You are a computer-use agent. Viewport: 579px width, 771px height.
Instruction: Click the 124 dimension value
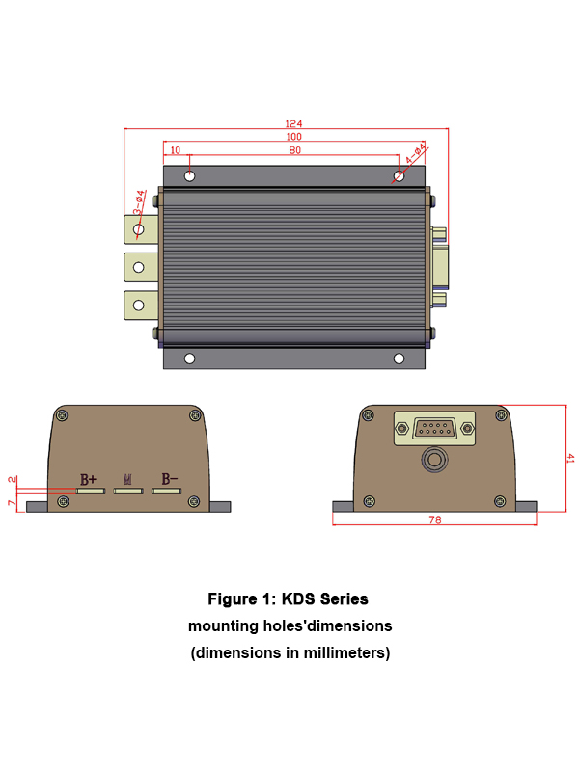coord(293,123)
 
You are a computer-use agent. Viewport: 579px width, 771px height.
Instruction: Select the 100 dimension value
coord(293,137)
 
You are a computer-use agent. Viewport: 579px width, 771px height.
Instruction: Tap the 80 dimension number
coord(294,150)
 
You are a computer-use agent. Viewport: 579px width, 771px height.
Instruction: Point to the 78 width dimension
coord(434,519)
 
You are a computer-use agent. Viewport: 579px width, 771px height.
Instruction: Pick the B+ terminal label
coord(88,479)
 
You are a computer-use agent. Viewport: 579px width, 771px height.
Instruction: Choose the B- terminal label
coord(169,479)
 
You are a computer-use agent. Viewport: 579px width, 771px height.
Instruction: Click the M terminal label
coord(128,479)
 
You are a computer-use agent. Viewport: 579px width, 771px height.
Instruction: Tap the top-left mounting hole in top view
coord(190,176)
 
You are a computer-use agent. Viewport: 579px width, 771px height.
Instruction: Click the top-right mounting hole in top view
coord(400,176)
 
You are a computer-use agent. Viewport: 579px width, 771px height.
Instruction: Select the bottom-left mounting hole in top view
coord(190,359)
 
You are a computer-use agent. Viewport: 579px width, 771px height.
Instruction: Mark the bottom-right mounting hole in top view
coord(400,359)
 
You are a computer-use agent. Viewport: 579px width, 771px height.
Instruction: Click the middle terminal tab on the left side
coord(139,266)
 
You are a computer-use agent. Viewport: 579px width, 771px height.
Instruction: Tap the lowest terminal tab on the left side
coord(139,305)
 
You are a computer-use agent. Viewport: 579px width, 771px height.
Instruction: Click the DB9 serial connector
coord(434,429)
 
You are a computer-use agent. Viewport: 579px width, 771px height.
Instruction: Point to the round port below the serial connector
coord(435,460)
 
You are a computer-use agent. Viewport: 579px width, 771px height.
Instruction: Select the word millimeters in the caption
coord(343,652)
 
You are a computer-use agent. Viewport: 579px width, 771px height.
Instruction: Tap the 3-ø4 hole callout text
coord(140,201)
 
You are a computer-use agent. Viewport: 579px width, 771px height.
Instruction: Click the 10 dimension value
coord(175,150)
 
